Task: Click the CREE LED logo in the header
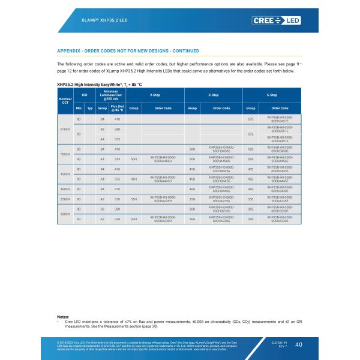click(277, 20)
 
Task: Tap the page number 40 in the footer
click(299, 344)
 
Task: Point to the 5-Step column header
click(271, 95)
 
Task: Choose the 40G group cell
click(192, 188)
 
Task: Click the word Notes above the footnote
click(63, 316)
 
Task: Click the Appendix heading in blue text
click(128, 51)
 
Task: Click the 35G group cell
click(192, 198)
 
